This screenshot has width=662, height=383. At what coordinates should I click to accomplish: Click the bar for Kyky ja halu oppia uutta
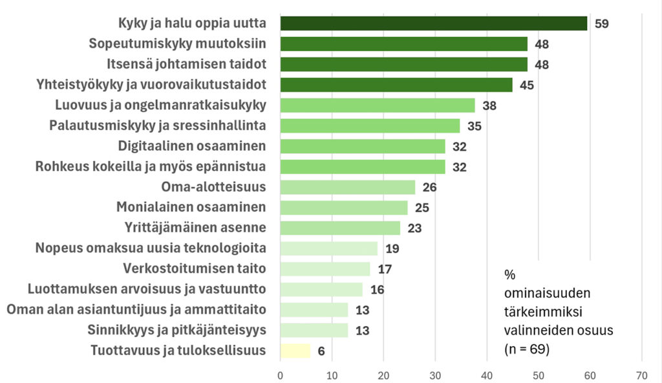[x=433, y=24]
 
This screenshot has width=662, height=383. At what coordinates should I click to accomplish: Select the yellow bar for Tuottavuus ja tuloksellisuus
[x=295, y=351]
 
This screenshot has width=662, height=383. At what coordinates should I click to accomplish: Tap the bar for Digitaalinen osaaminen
[x=363, y=146]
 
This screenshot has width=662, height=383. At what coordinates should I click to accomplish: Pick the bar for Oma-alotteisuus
[x=347, y=187]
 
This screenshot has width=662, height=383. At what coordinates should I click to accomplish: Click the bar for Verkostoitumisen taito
[x=325, y=268]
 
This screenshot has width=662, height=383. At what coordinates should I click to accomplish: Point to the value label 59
[x=602, y=25]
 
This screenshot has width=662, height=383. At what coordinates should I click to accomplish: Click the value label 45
[x=528, y=85]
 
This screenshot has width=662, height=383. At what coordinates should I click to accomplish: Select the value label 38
[x=489, y=106]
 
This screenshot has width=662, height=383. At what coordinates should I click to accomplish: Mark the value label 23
[x=415, y=228]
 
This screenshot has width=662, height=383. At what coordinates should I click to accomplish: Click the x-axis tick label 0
[x=280, y=373]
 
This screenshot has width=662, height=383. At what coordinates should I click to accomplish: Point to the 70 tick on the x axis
[x=641, y=373]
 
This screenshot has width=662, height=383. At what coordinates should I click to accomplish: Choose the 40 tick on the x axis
[x=487, y=373]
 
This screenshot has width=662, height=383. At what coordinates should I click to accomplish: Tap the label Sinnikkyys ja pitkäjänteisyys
[x=176, y=330]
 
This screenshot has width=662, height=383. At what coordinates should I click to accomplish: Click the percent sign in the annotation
[x=509, y=275]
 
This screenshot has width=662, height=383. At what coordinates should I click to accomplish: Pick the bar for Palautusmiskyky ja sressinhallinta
[x=370, y=126]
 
